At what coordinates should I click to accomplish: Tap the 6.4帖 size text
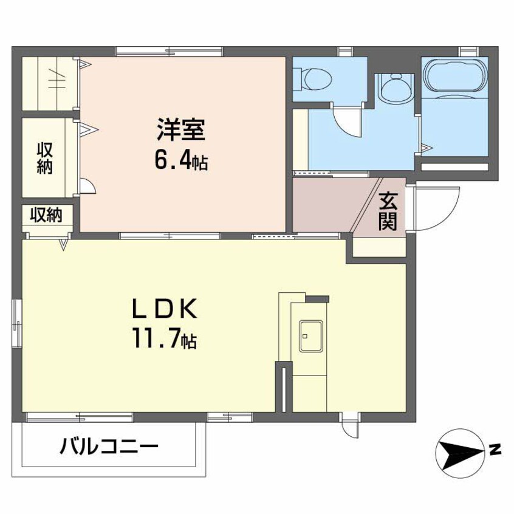click(181, 160)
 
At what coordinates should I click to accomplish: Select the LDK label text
click(164, 310)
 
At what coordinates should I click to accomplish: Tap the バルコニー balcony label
click(109, 448)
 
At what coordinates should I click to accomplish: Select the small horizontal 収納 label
click(46, 215)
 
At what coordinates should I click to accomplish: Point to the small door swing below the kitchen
click(350, 425)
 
